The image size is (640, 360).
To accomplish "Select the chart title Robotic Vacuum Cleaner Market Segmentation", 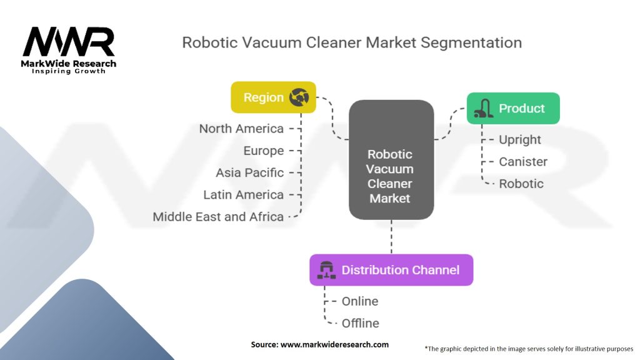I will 351,43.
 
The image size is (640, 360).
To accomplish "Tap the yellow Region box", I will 273,97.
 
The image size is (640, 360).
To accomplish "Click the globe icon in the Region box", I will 298,97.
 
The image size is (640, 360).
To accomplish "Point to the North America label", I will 241,129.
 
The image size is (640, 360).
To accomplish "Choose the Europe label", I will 264,151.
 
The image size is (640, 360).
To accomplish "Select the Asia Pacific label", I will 250,172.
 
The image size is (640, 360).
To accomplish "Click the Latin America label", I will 244,195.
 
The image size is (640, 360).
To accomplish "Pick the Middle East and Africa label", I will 218,217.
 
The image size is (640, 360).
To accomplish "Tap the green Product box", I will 512,109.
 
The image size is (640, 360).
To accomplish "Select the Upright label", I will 520,140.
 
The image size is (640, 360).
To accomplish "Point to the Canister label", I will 523,162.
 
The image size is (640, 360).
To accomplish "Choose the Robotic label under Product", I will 521,184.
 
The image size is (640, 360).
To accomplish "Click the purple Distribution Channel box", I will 391,270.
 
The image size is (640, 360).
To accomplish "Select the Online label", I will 360,301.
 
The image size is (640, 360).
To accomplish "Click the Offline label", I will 361,323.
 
